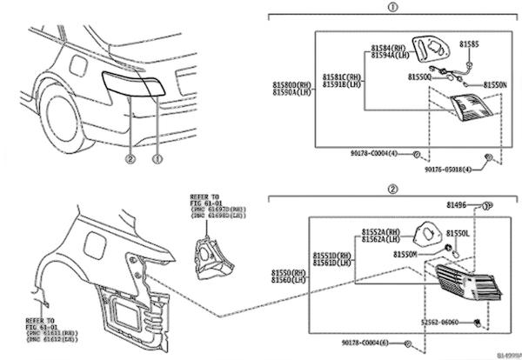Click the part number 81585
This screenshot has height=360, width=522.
pos(470,43)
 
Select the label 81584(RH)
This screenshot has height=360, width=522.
pos(388,47)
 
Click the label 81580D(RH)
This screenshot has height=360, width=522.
pos(291,83)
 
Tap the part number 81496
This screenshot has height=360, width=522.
pos(458,206)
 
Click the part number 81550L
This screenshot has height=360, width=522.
pos(458,235)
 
